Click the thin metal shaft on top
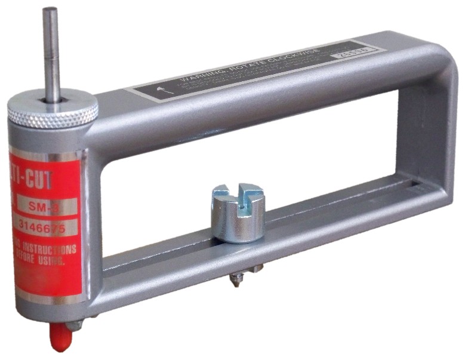click(51, 54)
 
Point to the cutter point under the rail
click(236, 278)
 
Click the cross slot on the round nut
click(238, 195)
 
